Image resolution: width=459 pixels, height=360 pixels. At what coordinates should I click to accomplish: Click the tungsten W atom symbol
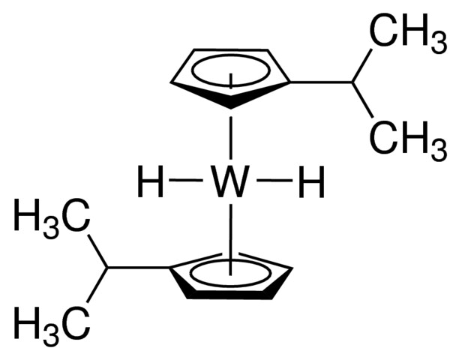(x=231, y=181)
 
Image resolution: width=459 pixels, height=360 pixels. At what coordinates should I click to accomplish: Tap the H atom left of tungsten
(x=151, y=181)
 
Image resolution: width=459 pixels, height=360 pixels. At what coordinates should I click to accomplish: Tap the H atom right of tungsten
(x=313, y=181)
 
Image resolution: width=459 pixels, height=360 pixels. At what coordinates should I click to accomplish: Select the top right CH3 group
(x=408, y=31)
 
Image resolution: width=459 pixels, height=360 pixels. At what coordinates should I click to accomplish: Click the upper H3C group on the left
(x=52, y=215)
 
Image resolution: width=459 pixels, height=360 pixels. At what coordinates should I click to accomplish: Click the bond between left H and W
(x=186, y=181)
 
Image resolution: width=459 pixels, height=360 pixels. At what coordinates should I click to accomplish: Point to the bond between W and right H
(x=274, y=181)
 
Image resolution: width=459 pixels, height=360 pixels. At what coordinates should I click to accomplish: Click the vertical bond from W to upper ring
(x=231, y=138)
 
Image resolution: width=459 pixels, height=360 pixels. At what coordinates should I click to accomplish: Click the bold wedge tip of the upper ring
(x=231, y=109)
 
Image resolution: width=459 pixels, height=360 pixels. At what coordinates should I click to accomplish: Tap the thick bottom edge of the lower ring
(x=230, y=294)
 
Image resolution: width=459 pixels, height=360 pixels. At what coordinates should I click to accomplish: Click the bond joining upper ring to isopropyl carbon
(x=322, y=82)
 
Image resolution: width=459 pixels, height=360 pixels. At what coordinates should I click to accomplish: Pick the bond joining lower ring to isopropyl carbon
(x=139, y=268)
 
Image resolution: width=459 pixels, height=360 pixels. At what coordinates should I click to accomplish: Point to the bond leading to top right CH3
(x=362, y=65)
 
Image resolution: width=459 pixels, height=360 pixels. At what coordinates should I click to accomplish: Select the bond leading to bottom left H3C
(x=97, y=284)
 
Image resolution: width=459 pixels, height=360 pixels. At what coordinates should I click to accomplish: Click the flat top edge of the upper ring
(x=231, y=50)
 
